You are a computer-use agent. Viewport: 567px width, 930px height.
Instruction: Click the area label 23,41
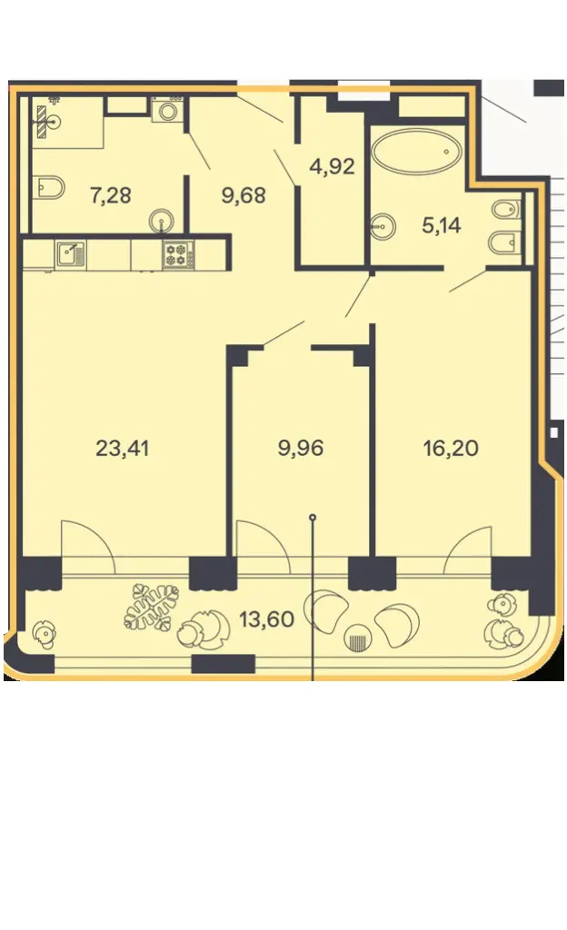122,448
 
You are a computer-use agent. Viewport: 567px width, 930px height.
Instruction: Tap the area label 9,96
301,448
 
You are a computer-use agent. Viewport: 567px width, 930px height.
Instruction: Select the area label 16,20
451,448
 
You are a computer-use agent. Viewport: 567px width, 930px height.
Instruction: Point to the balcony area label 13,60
267,619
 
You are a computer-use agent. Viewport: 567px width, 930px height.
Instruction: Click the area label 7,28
111,194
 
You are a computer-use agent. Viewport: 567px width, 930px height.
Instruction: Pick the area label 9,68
244,194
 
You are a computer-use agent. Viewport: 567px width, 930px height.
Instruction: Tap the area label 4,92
333,166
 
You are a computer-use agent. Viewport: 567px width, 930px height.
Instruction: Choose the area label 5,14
442,225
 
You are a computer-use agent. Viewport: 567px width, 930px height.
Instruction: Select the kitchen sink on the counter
71,254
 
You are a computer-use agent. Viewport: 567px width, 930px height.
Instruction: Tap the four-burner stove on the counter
178,254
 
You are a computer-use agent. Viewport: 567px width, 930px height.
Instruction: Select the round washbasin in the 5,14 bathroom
383,226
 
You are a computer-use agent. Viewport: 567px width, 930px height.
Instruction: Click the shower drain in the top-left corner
55,123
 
